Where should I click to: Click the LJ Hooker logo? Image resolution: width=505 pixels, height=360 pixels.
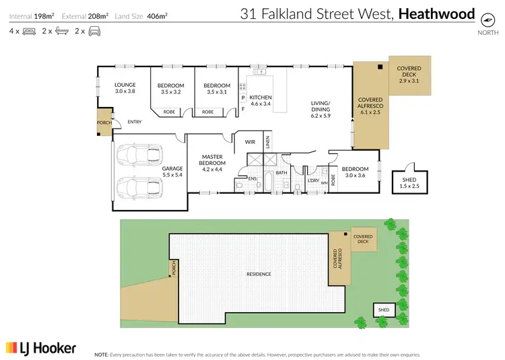(41, 347)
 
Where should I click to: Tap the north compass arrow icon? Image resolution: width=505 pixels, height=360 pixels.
(483, 20)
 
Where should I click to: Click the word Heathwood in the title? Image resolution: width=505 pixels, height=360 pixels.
(436, 13)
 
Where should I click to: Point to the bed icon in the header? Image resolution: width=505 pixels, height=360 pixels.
(29, 31)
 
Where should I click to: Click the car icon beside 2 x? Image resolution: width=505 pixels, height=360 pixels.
(95, 31)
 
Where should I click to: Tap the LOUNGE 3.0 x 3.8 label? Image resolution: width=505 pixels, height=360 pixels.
(125, 88)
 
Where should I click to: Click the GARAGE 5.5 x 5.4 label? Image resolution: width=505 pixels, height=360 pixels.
(173, 172)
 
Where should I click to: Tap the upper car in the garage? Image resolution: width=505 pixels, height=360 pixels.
(131, 155)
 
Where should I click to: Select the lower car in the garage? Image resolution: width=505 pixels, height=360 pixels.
(131, 188)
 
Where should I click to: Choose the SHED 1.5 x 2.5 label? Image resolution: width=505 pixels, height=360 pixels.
(410, 182)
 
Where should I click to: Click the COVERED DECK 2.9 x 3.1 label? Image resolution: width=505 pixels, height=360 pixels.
(409, 75)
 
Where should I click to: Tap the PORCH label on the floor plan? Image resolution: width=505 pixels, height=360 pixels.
(104, 123)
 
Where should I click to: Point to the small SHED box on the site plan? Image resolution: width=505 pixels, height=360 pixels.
(384, 310)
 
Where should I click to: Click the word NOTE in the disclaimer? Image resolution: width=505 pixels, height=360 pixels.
(102, 354)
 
